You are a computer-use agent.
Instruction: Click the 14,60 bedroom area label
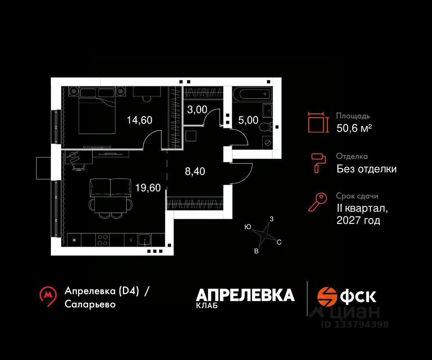pos(139,120)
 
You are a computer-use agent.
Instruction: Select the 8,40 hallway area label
pos(195,172)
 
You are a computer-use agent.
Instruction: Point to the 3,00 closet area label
pos(197,109)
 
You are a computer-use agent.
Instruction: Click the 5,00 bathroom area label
pos(248,120)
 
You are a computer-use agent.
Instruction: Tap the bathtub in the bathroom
pos(252,94)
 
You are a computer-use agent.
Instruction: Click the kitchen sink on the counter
pos(145,240)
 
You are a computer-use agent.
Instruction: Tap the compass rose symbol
pos(265,234)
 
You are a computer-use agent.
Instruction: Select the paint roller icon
pos(318,162)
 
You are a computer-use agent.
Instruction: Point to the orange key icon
pos(318,202)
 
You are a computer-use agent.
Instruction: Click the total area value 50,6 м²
pos(354,128)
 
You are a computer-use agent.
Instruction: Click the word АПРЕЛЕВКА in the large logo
pos(245,295)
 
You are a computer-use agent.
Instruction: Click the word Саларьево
pos(90,304)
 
